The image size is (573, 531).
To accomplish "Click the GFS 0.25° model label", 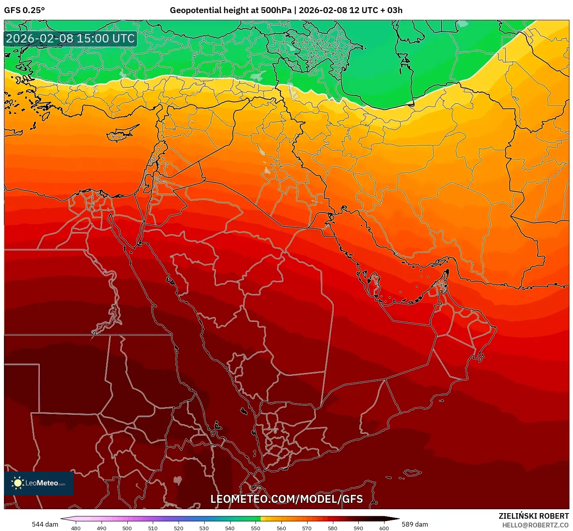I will coord(24,10).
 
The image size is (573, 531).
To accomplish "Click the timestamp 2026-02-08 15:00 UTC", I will coord(70,38).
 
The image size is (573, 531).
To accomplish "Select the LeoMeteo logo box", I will coord(39,483).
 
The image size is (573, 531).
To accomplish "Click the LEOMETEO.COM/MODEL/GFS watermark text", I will coord(286,499).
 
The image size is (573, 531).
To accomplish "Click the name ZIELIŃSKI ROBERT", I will coord(533,516).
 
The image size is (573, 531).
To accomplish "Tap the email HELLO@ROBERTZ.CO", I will coord(535,525).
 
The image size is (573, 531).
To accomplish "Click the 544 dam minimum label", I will coord(45,524).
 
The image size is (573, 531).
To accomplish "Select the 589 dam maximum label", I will coord(415,524).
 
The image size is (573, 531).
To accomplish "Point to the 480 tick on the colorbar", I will coord(75,528).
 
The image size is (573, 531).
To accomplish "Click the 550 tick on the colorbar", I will coord(256,528).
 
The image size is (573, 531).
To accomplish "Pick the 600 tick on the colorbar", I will coord(384,528).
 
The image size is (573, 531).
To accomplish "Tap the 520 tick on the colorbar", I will coord(179,528).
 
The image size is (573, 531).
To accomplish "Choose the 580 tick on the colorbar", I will coord(333,528).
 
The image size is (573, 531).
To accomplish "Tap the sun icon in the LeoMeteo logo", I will coord(17,483).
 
